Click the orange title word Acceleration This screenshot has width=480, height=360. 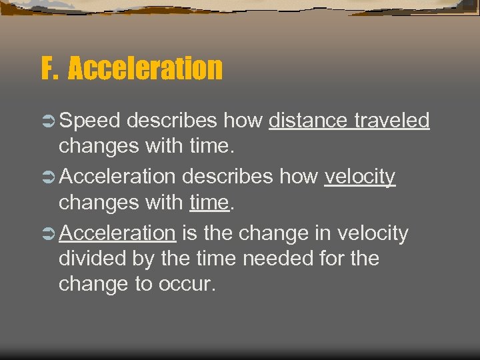click(145, 68)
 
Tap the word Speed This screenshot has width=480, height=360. click(89, 121)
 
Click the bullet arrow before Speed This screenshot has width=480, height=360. click(48, 121)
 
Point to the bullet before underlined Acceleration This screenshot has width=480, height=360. click(48, 233)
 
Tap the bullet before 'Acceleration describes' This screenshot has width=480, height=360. click(48, 177)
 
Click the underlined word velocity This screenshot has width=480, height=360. click(360, 177)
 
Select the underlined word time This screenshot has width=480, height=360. click(209, 202)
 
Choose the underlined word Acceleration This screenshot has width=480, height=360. click(117, 233)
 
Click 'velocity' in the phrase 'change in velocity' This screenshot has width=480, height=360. click(373, 233)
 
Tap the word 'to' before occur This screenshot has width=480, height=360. click(144, 283)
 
